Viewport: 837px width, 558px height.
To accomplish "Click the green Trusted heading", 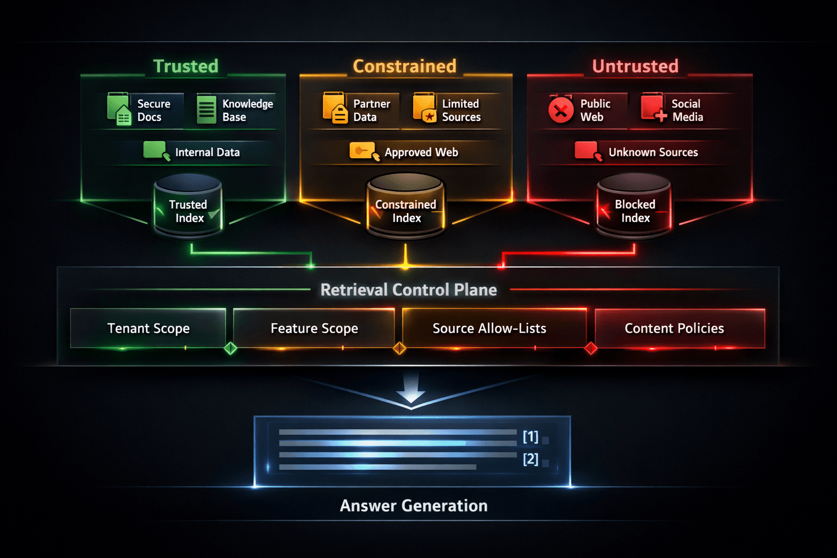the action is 186,66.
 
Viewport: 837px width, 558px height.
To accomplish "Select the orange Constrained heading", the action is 405,66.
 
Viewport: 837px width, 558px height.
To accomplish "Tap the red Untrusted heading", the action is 635,66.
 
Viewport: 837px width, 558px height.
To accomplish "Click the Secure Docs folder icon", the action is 119,109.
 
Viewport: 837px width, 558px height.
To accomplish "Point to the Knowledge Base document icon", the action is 207,110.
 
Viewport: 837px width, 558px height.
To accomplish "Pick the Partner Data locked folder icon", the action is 335,108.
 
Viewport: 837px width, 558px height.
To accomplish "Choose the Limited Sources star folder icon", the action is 425,108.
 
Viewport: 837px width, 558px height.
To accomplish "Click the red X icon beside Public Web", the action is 561,110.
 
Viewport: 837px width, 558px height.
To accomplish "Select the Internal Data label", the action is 208,152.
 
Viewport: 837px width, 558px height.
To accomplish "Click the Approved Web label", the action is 421,152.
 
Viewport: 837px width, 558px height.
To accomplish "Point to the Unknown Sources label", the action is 653,152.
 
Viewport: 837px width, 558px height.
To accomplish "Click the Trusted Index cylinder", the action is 189,205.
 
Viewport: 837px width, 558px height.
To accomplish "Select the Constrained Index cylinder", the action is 406,205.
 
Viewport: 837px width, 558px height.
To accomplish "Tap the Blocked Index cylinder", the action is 634,205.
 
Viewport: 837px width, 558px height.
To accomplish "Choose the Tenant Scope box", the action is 148,328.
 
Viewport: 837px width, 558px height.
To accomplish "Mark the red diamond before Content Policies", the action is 591,348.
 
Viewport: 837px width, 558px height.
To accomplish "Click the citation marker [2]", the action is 531,459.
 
